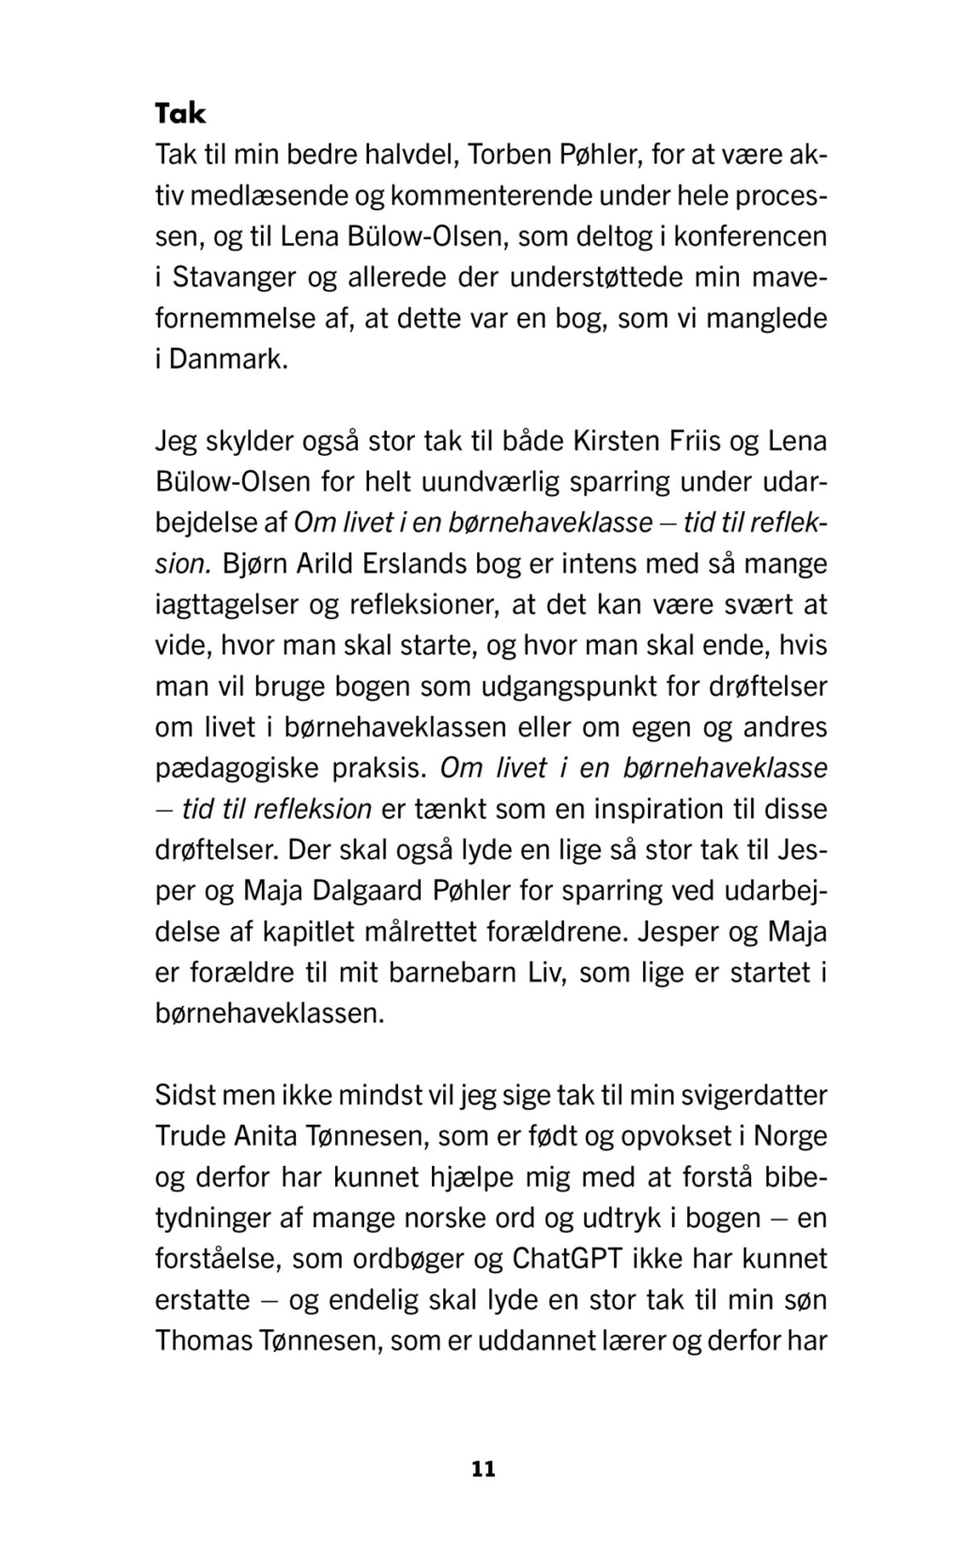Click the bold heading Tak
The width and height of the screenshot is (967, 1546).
[x=180, y=114]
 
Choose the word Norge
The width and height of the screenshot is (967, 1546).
[x=790, y=1136]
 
